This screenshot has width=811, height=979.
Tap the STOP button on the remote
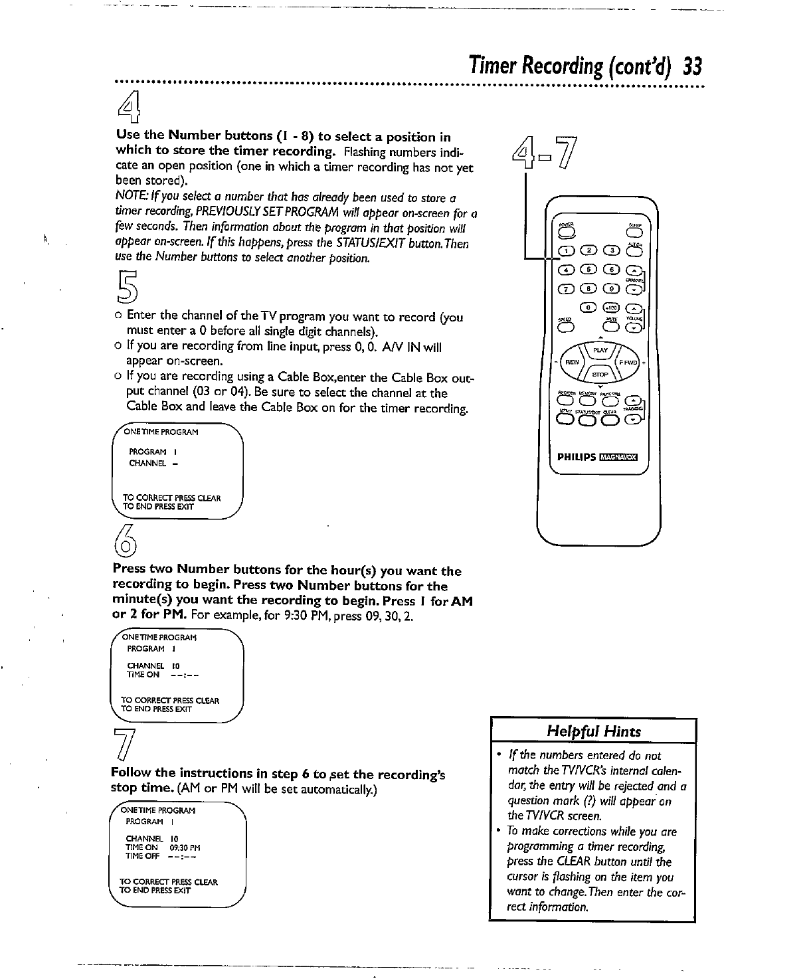600,374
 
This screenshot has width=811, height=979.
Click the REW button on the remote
570,363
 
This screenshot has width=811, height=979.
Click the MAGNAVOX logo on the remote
618,456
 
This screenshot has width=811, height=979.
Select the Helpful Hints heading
593,731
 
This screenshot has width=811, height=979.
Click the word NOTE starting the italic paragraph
127,198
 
